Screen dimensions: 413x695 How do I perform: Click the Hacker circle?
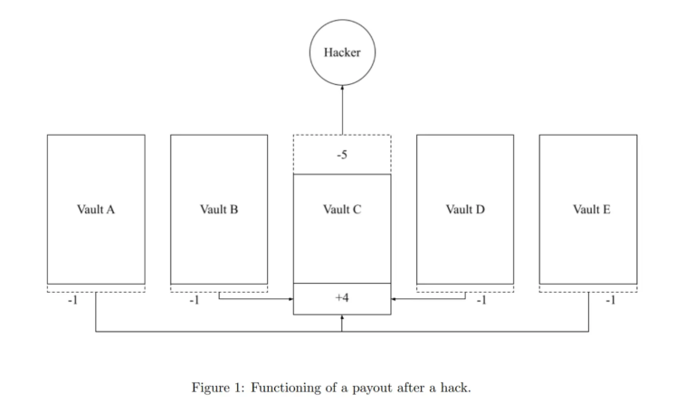(x=342, y=52)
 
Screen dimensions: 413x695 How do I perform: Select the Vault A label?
(x=96, y=210)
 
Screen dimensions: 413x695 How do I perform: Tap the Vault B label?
(x=219, y=210)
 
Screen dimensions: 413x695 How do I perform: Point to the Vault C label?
(x=342, y=210)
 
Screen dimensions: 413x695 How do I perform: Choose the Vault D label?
(x=465, y=210)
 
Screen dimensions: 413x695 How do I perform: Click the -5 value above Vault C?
(x=342, y=155)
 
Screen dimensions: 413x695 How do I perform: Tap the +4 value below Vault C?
(x=342, y=297)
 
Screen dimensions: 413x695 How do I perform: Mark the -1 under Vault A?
(x=72, y=301)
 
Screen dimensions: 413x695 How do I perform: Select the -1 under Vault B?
(x=194, y=301)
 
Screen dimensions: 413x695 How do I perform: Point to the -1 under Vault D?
(x=481, y=301)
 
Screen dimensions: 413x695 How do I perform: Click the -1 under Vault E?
(x=610, y=301)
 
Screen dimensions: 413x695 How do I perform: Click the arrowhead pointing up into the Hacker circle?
(x=342, y=89)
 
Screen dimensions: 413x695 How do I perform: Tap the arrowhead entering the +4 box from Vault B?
(x=290, y=297)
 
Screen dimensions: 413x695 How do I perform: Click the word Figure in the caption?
(x=210, y=388)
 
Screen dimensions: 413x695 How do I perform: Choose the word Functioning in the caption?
(x=288, y=389)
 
